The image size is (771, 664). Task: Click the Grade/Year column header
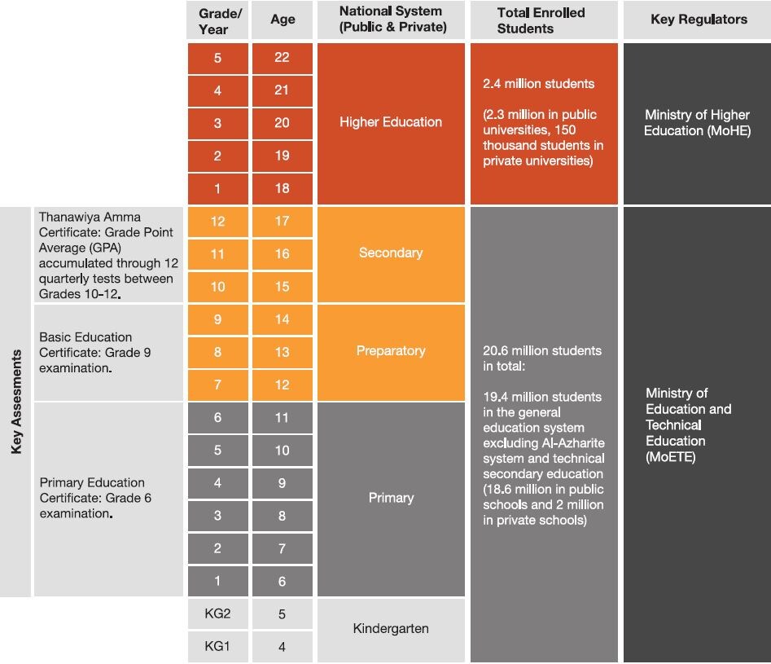(217, 20)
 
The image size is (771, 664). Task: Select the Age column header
(283, 20)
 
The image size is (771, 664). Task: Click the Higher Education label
(391, 122)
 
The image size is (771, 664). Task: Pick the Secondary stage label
(391, 253)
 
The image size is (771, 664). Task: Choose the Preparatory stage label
(391, 351)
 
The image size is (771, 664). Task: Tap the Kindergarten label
(391, 629)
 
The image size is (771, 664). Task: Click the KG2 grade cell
(217, 614)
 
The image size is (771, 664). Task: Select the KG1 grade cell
(217, 647)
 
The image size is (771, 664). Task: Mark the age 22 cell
(282, 58)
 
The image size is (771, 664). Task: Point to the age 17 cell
(282, 222)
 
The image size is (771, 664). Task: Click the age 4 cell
(282, 648)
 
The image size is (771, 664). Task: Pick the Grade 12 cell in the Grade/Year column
(217, 222)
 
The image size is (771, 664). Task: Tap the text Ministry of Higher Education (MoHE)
(697, 123)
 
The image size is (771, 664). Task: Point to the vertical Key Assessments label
(16, 402)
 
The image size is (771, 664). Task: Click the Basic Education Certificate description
(95, 352)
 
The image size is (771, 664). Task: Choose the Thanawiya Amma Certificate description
(107, 256)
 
